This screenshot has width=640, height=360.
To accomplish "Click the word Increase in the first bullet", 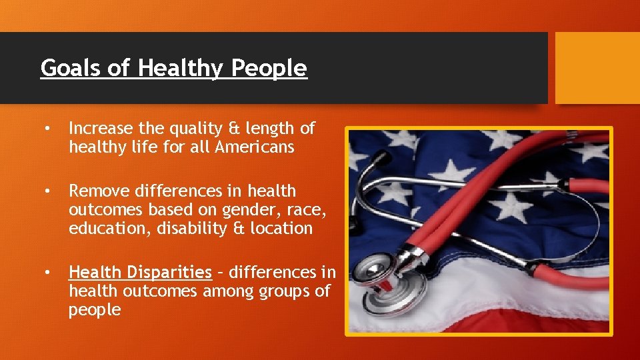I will (x=97, y=127).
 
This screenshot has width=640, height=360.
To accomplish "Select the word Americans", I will (x=254, y=147).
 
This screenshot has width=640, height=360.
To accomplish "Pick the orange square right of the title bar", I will (x=597, y=68).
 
